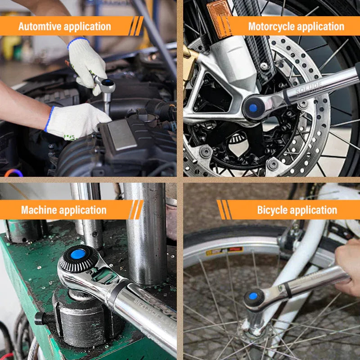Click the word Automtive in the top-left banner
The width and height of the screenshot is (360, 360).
coord(40,27)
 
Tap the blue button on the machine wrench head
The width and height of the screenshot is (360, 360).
coord(77,254)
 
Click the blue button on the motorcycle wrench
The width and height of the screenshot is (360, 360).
coord(253,108)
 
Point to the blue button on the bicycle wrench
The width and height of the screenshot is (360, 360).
coord(254,297)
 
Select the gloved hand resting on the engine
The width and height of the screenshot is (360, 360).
coord(74,121)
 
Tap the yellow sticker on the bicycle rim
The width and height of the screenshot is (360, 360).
coord(224,251)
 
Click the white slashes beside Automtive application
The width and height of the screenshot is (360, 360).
coord(136,26)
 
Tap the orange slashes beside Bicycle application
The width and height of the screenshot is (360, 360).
coord(224,210)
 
